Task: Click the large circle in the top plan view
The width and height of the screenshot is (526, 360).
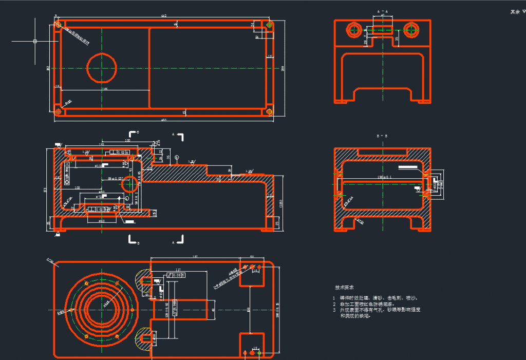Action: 102,68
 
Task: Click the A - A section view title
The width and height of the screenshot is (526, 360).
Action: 383,11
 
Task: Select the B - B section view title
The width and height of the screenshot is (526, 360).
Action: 382,137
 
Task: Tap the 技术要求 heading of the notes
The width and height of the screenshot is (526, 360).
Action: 345,288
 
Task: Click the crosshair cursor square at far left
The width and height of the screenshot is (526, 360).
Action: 34,41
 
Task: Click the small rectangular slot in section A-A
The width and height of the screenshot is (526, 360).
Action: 383,30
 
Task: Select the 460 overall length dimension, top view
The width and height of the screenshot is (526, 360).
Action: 164,121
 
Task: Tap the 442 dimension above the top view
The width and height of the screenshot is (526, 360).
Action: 164,16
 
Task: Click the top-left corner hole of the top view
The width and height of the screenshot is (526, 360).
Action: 59,24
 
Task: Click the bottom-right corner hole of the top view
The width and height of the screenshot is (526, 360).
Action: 269,111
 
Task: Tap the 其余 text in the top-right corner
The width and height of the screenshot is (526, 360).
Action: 515,11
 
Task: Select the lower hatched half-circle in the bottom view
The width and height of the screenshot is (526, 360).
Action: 143,337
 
